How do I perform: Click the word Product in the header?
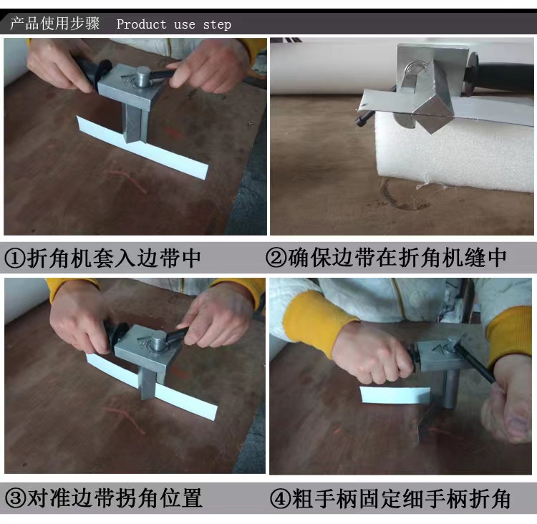(x=142, y=24)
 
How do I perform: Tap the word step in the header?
(x=217, y=24)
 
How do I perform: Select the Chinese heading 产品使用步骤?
(x=55, y=24)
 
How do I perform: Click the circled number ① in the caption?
(x=15, y=258)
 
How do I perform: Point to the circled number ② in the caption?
(x=276, y=258)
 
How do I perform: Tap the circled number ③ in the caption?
(x=16, y=498)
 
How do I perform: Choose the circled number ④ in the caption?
(x=281, y=499)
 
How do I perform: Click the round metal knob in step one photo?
(x=142, y=78)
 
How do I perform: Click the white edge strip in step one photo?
(x=142, y=147)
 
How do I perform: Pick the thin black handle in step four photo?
(x=475, y=364)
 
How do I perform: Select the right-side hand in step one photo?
(x=209, y=65)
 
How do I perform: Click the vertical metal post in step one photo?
(x=135, y=123)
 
